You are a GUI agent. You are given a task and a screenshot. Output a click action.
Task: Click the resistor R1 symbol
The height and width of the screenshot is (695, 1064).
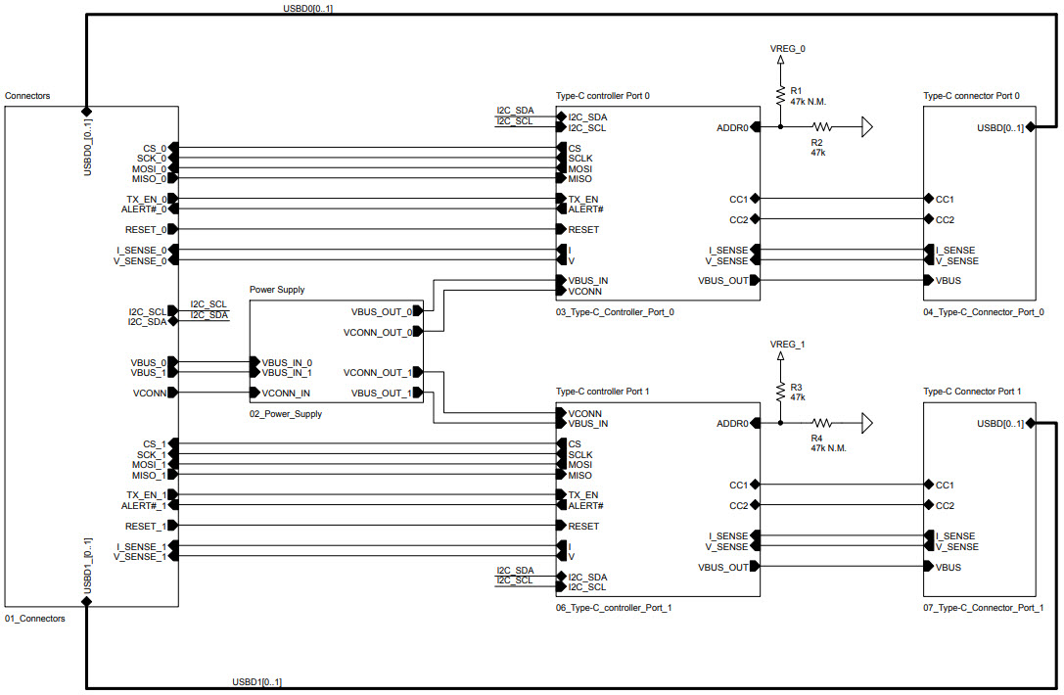tap(780, 96)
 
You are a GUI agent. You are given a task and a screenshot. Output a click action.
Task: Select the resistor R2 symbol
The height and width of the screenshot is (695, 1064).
tap(820, 127)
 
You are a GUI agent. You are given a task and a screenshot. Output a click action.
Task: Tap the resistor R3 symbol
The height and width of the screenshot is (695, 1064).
tap(780, 393)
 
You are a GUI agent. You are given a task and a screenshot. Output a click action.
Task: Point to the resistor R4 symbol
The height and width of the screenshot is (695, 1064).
tap(820, 424)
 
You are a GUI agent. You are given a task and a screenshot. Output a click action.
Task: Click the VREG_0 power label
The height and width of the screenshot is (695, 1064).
tap(788, 48)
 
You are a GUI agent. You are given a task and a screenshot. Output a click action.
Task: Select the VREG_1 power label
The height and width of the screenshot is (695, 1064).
tap(788, 345)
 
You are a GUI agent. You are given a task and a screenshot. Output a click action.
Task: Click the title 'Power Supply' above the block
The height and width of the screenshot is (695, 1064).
tap(277, 290)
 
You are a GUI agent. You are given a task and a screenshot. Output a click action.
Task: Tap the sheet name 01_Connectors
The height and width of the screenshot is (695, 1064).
tap(35, 619)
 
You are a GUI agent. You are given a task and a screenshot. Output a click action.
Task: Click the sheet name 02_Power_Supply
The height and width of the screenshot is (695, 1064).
tap(286, 414)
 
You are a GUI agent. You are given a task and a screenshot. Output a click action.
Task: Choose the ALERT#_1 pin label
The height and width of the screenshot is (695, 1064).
tap(144, 506)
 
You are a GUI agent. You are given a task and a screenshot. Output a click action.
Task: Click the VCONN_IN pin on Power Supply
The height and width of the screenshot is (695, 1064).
tap(286, 394)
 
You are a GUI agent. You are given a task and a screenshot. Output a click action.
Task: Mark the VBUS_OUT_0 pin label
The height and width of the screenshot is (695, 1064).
tap(381, 311)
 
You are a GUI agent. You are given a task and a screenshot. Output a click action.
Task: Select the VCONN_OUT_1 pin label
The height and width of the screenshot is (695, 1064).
tap(377, 373)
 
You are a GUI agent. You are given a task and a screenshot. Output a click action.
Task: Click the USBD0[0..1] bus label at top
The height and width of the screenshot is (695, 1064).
tap(308, 8)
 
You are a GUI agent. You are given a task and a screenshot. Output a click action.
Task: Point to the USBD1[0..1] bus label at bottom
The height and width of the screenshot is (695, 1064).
tap(257, 681)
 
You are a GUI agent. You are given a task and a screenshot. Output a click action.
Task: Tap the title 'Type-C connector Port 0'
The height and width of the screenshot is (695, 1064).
tap(971, 96)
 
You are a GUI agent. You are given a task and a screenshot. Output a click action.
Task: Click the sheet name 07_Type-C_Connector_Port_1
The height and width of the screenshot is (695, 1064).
tap(983, 608)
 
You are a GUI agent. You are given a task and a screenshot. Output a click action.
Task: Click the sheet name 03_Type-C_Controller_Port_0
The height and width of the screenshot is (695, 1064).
tap(615, 312)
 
